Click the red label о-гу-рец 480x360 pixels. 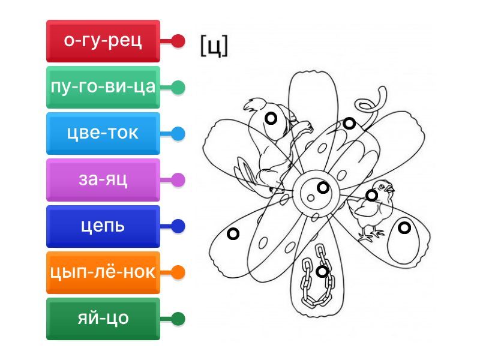[103, 41]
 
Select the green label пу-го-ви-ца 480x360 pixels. [103, 88]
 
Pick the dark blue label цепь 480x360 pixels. [103, 226]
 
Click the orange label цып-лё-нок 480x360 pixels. [103, 272]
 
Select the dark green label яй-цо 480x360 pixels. [103, 319]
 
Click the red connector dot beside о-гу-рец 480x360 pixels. [178, 41]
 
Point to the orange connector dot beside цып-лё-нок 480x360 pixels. [178, 272]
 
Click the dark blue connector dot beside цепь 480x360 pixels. [178, 226]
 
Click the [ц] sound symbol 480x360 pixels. [214, 46]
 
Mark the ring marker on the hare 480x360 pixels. [271, 119]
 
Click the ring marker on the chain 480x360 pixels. [322, 271]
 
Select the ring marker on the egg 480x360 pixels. [404, 227]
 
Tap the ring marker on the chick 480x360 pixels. [372, 195]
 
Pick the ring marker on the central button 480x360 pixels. [323, 188]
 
